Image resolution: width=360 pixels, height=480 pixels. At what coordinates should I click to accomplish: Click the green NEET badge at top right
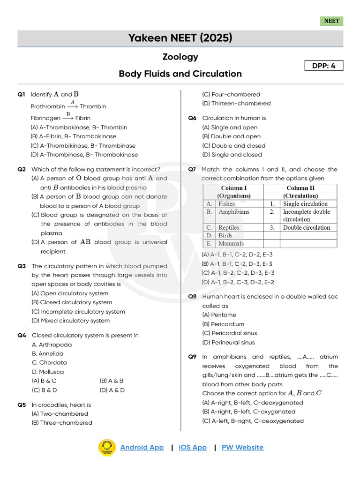pyautogui.click(x=331, y=21)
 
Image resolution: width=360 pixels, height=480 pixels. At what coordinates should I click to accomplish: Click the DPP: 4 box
pyautogui.click(x=323, y=66)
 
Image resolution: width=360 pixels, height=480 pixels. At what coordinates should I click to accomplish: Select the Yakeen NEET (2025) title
pyautogui.click(x=180, y=38)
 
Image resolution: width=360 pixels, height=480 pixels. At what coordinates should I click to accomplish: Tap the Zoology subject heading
pyautogui.click(x=180, y=57)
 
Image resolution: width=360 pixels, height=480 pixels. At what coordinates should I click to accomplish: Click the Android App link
pyautogui.click(x=142, y=447)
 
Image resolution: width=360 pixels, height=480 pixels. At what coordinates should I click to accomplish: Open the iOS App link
pyautogui.click(x=193, y=447)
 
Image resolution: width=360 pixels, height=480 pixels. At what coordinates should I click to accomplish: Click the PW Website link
pyautogui.click(x=242, y=447)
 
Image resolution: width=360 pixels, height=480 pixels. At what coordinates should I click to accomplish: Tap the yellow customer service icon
pyautogui.click(x=107, y=448)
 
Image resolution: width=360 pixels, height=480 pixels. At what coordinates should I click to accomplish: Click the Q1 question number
pyautogui.click(x=21, y=95)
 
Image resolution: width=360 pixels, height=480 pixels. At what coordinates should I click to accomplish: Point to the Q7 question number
pyautogui.click(x=192, y=169)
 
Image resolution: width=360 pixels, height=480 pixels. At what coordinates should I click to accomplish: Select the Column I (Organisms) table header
pyautogui.click(x=233, y=192)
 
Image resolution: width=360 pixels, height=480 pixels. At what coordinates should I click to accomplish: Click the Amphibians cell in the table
pyautogui.click(x=234, y=212)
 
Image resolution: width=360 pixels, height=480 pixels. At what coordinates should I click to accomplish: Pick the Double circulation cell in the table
pyautogui.click(x=306, y=228)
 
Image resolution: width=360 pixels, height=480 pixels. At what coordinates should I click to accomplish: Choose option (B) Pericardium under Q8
pyautogui.click(x=223, y=324)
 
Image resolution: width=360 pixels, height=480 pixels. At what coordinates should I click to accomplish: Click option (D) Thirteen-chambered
pyautogui.click(x=236, y=104)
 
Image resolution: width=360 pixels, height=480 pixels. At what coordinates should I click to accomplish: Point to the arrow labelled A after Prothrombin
pyautogui.click(x=73, y=106)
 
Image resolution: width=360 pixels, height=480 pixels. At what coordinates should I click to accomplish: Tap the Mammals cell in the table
pyautogui.click(x=231, y=244)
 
